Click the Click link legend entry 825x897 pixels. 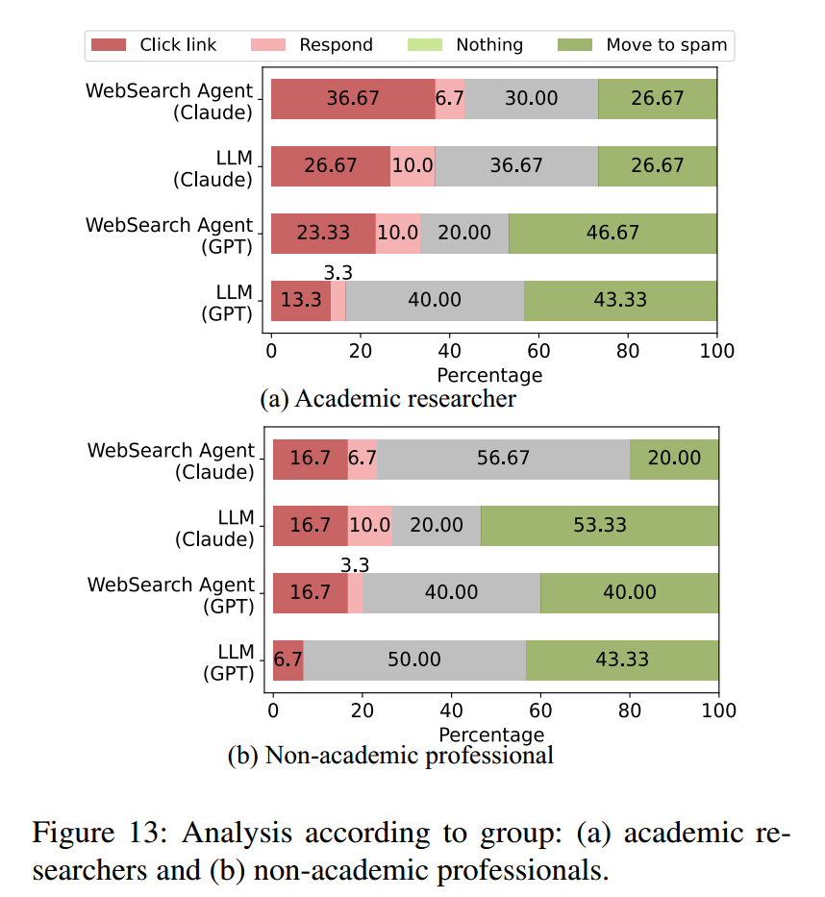[154, 45]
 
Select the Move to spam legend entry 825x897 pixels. [642, 45]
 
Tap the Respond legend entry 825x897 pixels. [312, 45]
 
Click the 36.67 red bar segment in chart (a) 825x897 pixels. [353, 99]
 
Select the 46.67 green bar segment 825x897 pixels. [612, 234]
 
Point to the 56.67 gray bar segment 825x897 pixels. [503, 459]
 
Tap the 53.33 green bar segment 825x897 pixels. [599, 526]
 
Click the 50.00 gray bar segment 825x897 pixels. [414, 660]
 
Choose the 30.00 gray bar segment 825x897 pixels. [532, 99]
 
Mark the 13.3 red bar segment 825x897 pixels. [301, 300]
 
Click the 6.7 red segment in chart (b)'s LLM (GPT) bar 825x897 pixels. [288, 660]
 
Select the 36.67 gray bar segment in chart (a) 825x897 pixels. [516, 166]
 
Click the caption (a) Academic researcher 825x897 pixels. [388, 399]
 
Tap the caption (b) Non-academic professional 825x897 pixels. [390, 756]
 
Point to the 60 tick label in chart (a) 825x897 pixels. [538, 352]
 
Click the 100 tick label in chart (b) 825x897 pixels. [717, 710]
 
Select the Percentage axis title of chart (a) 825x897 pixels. [489, 375]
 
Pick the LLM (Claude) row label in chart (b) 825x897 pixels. [214, 529]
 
